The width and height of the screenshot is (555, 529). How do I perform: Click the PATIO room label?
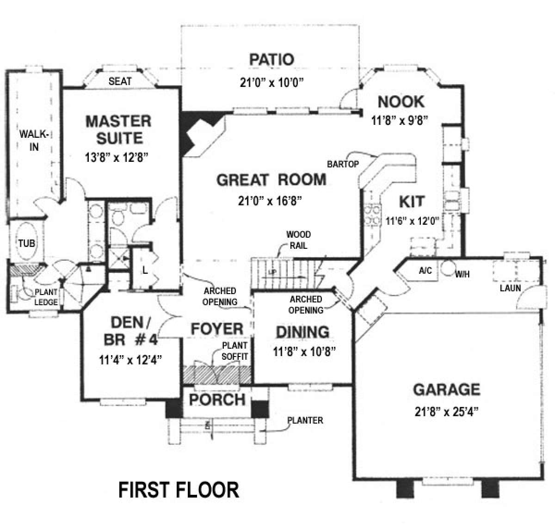pyautogui.click(x=271, y=60)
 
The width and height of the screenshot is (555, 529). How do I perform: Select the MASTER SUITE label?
pyautogui.click(x=118, y=129)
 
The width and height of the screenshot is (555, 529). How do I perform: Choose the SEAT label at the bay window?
pyautogui.click(x=120, y=81)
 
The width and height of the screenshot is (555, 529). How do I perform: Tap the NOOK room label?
pyautogui.click(x=401, y=101)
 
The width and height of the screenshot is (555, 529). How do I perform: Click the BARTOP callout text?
pyautogui.click(x=343, y=164)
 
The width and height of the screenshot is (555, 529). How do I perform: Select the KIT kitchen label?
pyautogui.click(x=411, y=202)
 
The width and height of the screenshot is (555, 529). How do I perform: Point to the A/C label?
pyautogui.click(x=425, y=271)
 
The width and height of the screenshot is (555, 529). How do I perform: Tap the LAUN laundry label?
pyautogui.click(x=510, y=288)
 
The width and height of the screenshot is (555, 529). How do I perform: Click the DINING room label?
pyautogui.click(x=302, y=332)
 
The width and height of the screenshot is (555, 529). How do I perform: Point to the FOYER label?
pyautogui.click(x=217, y=329)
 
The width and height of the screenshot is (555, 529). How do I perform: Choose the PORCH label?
pyautogui.click(x=217, y=399)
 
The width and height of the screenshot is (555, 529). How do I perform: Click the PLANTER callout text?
pyautogui.click(x=305, y=421)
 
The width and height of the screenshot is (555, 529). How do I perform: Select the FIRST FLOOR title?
pyautogui.click(x=179, y=490)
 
